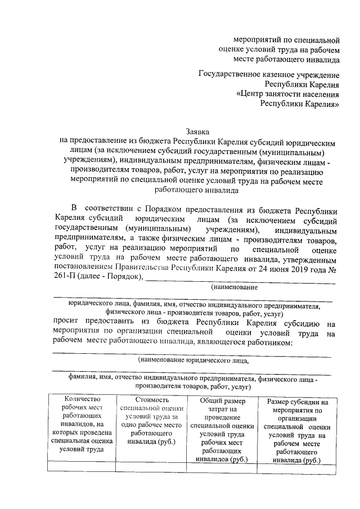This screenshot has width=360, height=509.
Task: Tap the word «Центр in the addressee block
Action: click(x=253, y=94)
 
